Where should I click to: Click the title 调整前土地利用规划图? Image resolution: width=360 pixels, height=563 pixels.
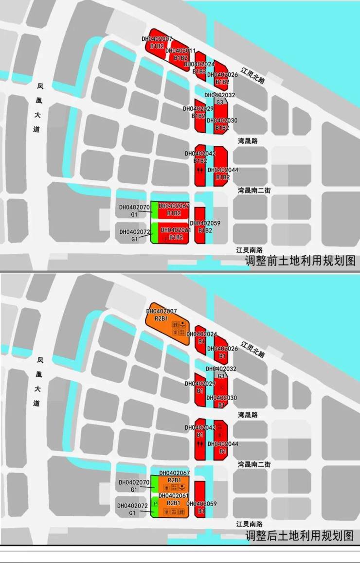click(300, 261)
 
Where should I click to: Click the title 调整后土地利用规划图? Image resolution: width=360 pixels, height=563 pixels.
click(300, 536)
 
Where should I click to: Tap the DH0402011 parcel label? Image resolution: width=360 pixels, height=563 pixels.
click(180, 51)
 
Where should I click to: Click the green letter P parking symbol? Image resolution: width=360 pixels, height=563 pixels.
click(155, 503)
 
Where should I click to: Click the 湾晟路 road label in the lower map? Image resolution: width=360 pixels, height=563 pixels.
click(248, 415)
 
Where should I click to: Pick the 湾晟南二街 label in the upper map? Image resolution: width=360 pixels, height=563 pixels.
click(254, 190)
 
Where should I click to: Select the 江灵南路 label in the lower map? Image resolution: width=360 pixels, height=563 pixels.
click(250, 524)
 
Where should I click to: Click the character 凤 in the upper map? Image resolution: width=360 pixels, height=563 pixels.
click(40, 87)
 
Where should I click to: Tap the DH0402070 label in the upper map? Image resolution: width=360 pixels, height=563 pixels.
click(134, 208)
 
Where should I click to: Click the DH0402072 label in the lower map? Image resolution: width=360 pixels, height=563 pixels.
click(132, 506)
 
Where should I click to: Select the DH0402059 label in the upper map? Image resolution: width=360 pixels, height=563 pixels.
click(205, 223)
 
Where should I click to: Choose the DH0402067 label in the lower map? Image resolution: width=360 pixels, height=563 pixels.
click(174, 473)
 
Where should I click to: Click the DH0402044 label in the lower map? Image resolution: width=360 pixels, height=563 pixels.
click(223, 444)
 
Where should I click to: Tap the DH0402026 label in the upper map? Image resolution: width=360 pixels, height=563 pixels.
click(222, 75)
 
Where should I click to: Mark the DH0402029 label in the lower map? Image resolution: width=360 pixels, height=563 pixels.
click(198, 384)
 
